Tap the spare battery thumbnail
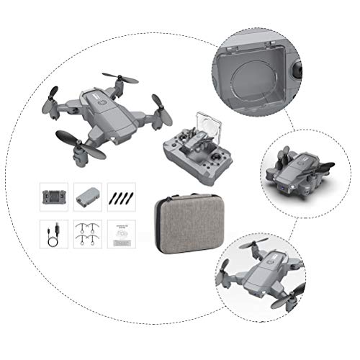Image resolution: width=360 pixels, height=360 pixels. (88, 197)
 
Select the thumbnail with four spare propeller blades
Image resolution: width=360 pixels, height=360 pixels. (121, 197)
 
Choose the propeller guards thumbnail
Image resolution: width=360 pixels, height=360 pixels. (88, 235)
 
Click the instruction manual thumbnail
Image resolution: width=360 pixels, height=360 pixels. (121, 235)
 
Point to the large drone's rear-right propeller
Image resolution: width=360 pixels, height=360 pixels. (120, 77)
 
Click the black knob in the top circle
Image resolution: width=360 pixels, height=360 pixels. (298, 72)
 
